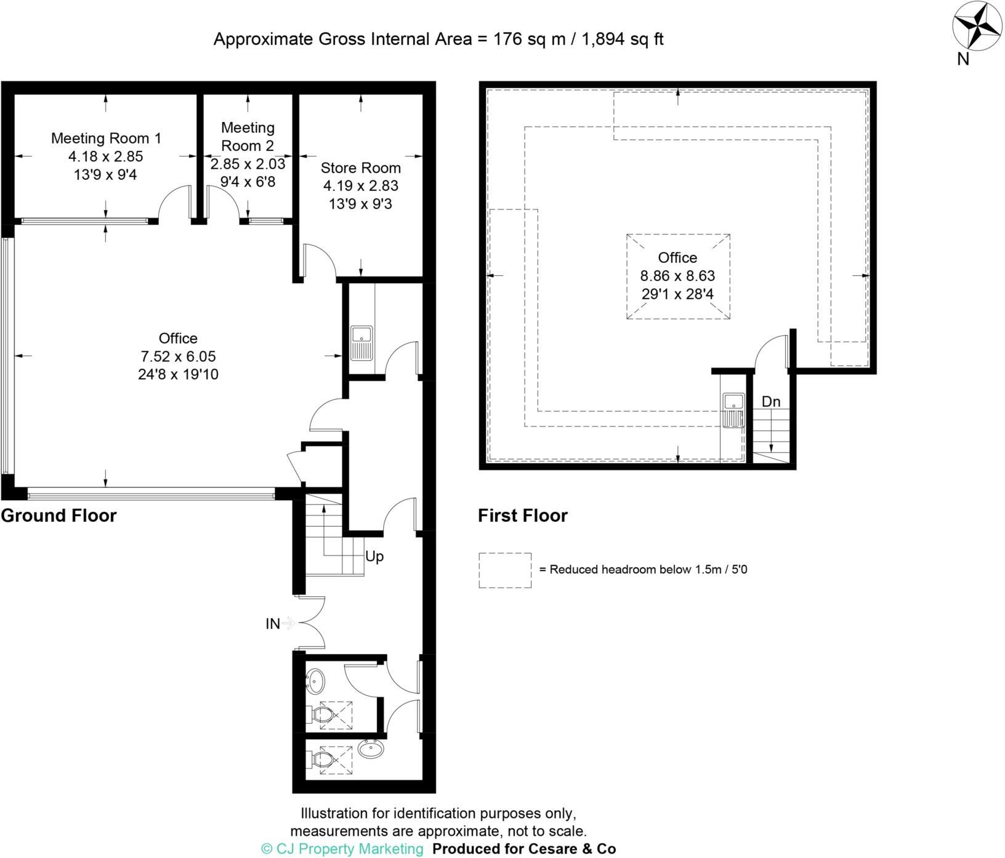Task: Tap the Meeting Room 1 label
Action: point(106,138)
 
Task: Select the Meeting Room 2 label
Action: point(248,137)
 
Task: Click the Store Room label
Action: point(360,168)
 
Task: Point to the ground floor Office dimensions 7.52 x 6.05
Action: point(178,356)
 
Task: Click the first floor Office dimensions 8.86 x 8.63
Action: point(677,275)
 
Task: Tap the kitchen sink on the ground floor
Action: point(361,343)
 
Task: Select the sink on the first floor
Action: point(733,410)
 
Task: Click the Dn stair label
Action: point(771,402)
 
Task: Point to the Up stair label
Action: point(374,556)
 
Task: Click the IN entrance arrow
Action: point(288,623)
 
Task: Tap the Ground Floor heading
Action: point(59,515)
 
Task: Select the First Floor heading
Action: point(522,515)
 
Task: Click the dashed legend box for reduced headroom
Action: point(505,570)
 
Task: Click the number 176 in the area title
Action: point(508,39)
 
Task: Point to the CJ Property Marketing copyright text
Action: point(343,848)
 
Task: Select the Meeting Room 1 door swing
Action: point(173,202)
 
